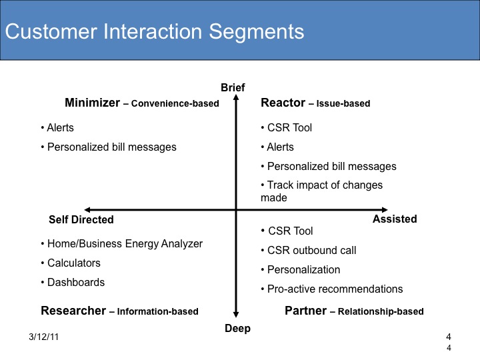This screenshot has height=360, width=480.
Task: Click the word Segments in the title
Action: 257,32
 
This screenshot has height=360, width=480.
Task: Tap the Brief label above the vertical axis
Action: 233,87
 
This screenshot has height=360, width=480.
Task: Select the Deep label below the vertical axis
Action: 237,328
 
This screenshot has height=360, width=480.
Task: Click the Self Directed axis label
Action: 81,219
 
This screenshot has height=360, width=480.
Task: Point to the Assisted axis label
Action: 395,219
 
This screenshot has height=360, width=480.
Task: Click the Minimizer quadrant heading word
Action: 92,103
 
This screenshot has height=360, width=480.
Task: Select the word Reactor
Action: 283,103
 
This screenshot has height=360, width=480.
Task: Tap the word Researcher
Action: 73,311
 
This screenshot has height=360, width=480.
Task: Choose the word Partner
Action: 305,311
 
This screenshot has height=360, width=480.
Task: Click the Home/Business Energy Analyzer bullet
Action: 122,244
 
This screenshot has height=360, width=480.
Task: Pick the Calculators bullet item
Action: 71,263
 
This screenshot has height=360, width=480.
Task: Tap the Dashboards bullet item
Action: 73,282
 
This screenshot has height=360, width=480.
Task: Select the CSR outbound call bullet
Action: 309,251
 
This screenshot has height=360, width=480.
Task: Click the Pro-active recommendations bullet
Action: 332,289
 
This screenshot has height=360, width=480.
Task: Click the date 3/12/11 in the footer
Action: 43,337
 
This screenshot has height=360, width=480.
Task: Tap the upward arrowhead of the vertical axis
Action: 236,97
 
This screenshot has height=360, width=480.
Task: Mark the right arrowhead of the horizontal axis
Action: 385,210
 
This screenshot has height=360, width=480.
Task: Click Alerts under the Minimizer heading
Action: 57,127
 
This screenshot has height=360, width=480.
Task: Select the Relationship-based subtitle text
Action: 381,311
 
